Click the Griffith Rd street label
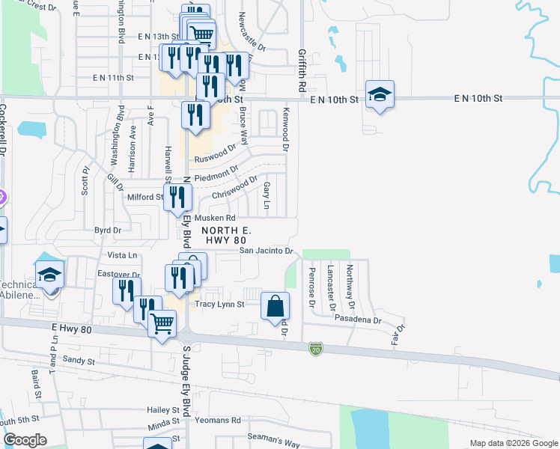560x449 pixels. click(302, 70)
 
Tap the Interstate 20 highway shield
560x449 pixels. click(316, 349)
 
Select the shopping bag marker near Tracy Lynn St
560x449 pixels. click(276, 305)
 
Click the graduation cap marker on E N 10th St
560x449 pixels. click(380, 94)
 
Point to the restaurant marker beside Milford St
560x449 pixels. click(178, 198)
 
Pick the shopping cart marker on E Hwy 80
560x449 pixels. click(162, 325)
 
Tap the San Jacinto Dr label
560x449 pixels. click(266, 251)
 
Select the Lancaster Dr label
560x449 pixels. click(330, 287)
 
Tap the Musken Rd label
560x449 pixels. click(210, 218)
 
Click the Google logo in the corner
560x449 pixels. click(25, 440)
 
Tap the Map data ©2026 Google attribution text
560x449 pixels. click(513, 443)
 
